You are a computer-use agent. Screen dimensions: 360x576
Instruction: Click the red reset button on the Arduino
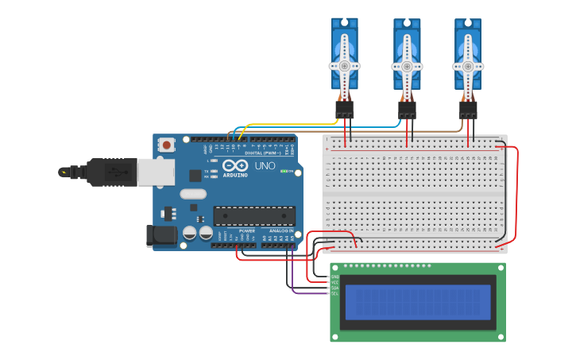tap(166, 145)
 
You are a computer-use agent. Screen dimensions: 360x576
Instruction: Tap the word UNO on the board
tap(264, 167)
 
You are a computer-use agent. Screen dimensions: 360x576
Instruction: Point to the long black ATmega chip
tap(254, 215)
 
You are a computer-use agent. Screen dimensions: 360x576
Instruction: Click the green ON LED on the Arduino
tap(283, 171)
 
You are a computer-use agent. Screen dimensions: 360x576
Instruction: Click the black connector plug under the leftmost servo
tap(345, 110)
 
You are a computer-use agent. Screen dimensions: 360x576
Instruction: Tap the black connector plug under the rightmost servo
tap(468, 110)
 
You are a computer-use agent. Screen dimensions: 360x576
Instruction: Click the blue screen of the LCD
tap(417, 302)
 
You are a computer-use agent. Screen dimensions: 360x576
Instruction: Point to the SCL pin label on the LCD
tap(334, 293)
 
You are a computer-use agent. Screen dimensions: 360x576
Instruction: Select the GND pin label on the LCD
tap(334, 277)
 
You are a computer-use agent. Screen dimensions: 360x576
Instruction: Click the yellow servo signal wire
tap(294, 124)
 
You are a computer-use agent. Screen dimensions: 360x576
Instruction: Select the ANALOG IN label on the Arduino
tap(280, 231)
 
